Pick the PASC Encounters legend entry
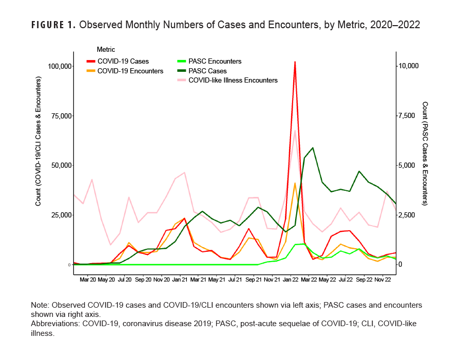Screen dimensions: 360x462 (x=215, y=62)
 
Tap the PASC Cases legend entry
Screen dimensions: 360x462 (x=207, y=71)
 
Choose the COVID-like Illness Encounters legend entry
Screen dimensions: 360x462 (x=233, y=80)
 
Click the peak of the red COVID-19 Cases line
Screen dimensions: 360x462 (x=295, y=62)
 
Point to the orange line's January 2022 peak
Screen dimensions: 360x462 (x=295, y=183)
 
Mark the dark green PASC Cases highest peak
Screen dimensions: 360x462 (x=313, y=148)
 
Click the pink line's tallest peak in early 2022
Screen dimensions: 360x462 (x=295, y=130)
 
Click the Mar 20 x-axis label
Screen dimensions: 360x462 (x=87, y=280)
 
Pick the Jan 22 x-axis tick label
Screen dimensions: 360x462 (x=290, y=280)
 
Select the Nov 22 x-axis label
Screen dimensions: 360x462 (x=382, y=280)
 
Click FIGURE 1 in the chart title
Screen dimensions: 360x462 (x=53, y=25)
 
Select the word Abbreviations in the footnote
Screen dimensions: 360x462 (x=53, y=324)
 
